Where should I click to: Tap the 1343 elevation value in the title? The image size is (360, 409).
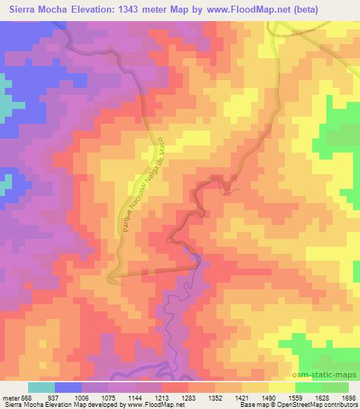139,10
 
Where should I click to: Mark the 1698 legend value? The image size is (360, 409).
348,397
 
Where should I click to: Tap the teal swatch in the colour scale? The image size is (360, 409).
41,387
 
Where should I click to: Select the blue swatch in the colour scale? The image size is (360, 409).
68,387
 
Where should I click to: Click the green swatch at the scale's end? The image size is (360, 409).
335,387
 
